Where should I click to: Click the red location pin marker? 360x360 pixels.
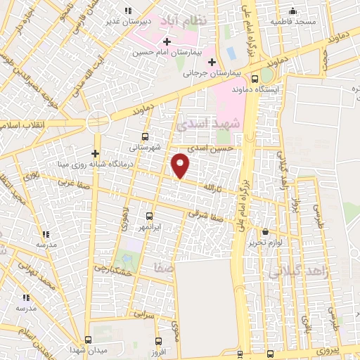coord(181,165)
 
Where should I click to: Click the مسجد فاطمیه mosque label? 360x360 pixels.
coord(294,22)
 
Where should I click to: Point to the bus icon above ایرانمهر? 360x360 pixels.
coord(148,217)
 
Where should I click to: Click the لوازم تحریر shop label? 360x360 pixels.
coord(265,243)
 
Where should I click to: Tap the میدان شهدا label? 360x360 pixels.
coord(87,349)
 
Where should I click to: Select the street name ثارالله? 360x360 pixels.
coord(212,188)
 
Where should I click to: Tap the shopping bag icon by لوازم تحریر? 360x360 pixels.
coord(265,231)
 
